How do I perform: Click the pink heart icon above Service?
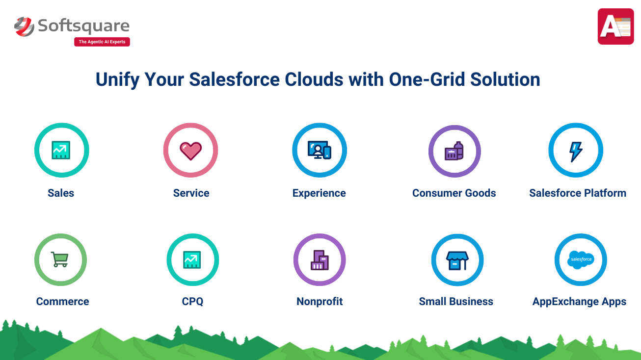pos(190,151)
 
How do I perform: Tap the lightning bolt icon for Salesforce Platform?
pos(576,152)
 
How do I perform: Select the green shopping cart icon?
pos(59,259)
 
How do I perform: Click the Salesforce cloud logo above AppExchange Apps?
pos(581,259)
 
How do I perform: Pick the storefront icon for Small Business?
pos(457,260)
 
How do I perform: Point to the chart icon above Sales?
pos(61,150)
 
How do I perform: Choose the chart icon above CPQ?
pos(192,259)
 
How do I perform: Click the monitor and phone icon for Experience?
pos(320,150)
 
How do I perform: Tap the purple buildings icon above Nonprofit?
pos(320,260)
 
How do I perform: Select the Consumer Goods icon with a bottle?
pos(454,151)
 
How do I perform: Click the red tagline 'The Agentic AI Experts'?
pos(102,42)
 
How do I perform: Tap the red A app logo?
pos(615,26)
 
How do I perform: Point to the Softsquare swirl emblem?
pos(24,26)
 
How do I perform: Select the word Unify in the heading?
pos(117,80)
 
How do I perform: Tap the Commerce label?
pos(62,301)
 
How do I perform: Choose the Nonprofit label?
pos(320,301)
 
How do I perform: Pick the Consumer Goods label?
pos(454,193)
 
